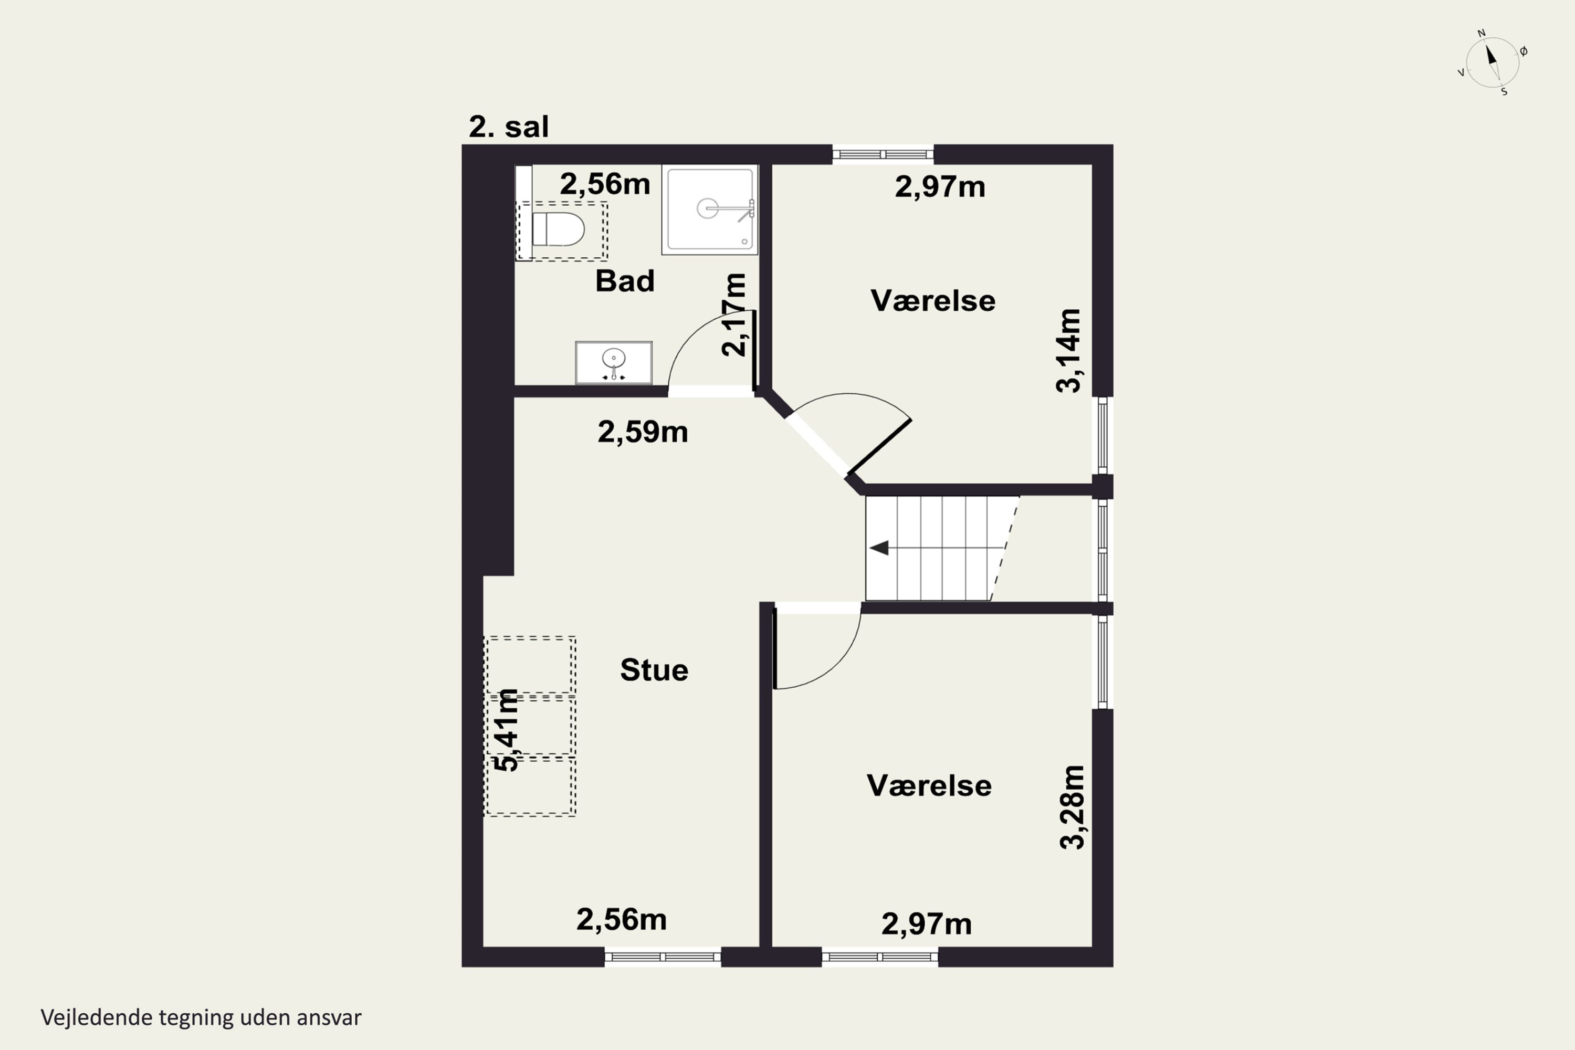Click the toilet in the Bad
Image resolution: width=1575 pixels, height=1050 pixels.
(558, 230)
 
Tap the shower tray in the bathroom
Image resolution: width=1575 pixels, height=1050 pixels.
(710, 209)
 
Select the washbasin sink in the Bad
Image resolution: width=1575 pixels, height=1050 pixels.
(613, 363)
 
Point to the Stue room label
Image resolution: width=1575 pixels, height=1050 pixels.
(654, 670)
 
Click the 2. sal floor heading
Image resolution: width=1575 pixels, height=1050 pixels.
(509, 127)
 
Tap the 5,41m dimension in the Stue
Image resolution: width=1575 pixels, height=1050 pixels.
(506, 730)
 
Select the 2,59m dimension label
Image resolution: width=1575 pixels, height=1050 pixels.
(643, 432)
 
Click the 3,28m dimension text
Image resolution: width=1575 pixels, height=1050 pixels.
(1072, 807)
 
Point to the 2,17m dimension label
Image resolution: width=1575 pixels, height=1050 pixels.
(733, 314)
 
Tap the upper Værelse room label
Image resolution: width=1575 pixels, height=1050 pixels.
(933, 301)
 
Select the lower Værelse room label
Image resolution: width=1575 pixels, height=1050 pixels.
(929, 785)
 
